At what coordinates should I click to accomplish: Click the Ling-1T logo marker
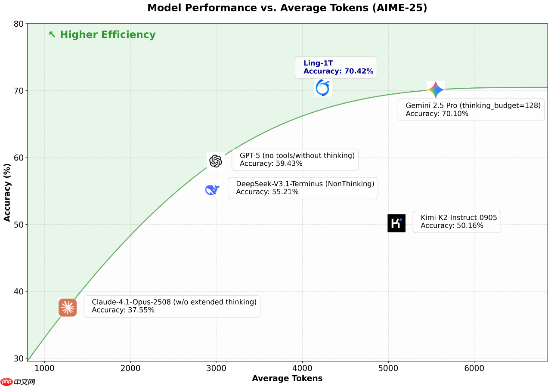(323, 88)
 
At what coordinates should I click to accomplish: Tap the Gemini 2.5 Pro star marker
(435, 90)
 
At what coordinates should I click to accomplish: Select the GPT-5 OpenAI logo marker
(215, 161)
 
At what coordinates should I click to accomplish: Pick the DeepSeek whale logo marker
(212, 189)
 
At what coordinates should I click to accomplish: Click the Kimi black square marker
(396, 223)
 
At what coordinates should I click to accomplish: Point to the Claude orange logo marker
(68, 308)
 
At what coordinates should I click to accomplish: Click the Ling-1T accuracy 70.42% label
(336, 67)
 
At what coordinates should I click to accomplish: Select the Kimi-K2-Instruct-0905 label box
(456, 222)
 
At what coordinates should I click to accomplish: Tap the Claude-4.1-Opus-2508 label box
(172, 306)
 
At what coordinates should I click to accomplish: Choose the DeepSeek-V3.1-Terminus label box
(303, 188)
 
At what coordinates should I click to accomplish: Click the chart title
(287, 8)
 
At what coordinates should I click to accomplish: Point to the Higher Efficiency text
(102, 35)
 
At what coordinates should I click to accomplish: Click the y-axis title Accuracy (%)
(7, 192)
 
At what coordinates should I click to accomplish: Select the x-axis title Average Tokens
(287, 378)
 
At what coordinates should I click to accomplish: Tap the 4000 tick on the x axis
(302, 368)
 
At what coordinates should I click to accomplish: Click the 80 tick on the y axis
(18, 24)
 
